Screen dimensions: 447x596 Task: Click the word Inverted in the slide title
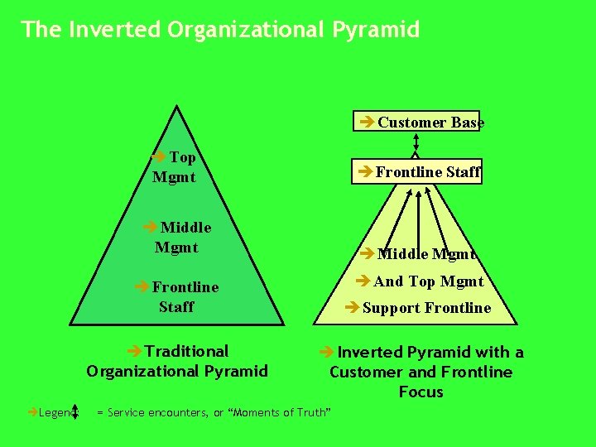point(115,30)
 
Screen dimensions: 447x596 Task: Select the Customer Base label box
point(420,123)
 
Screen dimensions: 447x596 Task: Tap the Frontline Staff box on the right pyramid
point(417,171)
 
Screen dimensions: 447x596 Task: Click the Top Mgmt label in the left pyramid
point(175,166)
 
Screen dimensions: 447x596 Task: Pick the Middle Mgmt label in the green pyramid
point(177,237)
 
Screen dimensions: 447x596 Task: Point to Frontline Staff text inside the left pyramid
point(176,296)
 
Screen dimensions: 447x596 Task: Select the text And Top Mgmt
point(420,281)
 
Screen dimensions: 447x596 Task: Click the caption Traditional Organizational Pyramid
point(177,361)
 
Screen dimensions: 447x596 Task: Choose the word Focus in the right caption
point(421,392)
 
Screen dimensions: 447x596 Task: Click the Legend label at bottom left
point(53,411)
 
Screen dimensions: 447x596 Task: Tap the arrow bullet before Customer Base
point(368,123)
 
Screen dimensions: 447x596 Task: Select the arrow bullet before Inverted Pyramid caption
point(327,352)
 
